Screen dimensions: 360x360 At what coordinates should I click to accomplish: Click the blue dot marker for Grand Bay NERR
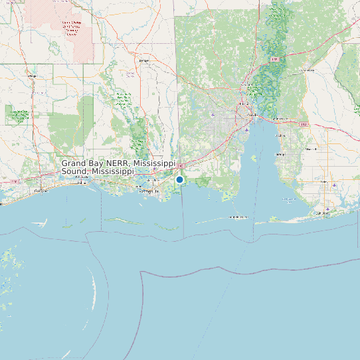(x=179, y=179)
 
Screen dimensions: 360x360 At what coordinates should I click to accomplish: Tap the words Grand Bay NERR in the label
(x=96, y=163)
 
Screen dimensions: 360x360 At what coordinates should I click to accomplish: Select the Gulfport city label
(x=41, y=190)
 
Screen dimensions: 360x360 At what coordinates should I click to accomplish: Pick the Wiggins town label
(x=31, y=76)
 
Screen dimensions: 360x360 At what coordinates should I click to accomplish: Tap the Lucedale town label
(x=143, y=60)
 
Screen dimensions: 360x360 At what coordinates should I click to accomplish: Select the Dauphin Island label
(x=238, y=217)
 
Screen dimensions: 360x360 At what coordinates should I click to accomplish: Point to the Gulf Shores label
(x=323, y=213)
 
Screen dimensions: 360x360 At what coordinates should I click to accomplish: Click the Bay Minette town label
(x=306, y=69)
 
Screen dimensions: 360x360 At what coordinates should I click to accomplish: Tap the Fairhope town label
(x=280, y=154)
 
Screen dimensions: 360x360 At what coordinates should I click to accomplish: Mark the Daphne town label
(x=280, y=135)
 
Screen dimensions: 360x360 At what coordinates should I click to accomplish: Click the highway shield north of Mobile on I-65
(x=274, y=60)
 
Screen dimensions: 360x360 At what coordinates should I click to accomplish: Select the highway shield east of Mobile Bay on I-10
(x=304, y=124)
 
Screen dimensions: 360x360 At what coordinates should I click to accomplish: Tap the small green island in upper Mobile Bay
(x=254, y=158)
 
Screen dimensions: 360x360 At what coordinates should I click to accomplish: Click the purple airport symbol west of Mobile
(x=213, y=114)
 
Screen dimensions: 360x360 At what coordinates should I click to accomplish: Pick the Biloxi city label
(x=82, y=177)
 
